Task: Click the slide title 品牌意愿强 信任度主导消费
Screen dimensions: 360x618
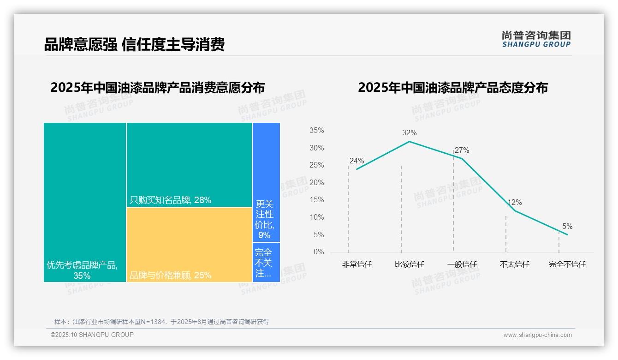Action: point(134,45)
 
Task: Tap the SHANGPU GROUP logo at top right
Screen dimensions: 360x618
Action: point(536,39)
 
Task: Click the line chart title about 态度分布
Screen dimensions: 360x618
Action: point(452,88)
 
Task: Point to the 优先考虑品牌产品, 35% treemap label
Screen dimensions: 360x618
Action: point(82,270)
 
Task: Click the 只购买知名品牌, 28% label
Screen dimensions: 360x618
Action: point(170,200)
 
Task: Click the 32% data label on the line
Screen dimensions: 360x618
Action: point(409,133)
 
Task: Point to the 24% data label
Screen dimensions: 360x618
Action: point(357,161)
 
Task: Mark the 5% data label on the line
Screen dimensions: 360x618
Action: point(567,227)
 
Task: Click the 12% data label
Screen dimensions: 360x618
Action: point(514,203)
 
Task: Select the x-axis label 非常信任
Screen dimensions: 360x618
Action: point(357,264)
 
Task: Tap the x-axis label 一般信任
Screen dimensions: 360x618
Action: point(462,264)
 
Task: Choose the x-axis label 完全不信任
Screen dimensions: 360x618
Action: point(567,264)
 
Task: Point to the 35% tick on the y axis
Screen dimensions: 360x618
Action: point(316,131)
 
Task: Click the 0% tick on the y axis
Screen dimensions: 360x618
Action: point(318,252)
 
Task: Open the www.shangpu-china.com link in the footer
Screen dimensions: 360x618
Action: point(537,335)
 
